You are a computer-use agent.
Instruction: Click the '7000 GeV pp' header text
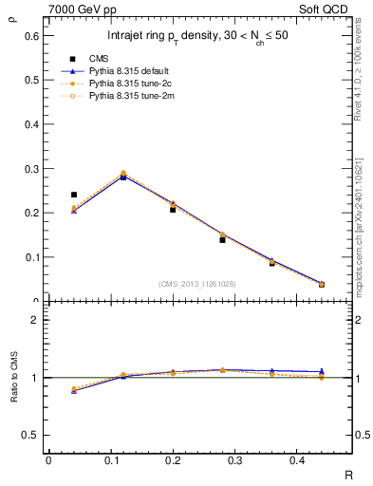(77, 9)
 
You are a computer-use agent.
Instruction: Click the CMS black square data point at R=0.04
(74, 195)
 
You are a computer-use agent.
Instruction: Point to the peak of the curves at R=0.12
(123, 175)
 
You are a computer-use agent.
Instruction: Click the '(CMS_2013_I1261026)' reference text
(196, 284)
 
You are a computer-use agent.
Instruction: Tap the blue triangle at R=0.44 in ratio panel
(321, 371)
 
